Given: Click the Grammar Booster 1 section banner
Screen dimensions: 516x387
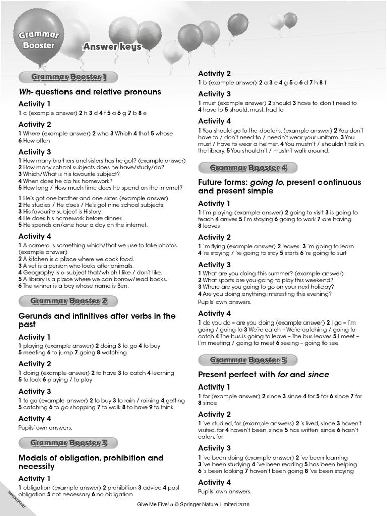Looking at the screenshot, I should pyautogui.click(x=69, y=77).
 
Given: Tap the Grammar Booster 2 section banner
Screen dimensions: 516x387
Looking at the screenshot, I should pyautogui.click(x=69, y=301).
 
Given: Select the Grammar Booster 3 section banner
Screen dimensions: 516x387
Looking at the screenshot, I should pyautogui.click(x=69, y=443).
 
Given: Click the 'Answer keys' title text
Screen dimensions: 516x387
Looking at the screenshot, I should pyautogui.click(x=112, y=47).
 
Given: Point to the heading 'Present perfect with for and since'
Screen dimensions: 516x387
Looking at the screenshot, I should pyautogui.click(x=263, y=374).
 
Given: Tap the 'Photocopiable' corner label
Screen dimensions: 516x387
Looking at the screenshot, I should pyautogui.click(x=16, y=498).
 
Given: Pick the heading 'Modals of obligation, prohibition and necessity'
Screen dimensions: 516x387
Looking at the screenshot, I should pyautogui.click(x=91, y=462).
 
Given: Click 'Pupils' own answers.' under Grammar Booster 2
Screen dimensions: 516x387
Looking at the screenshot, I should pyautogui.click(x=45, y=428).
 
